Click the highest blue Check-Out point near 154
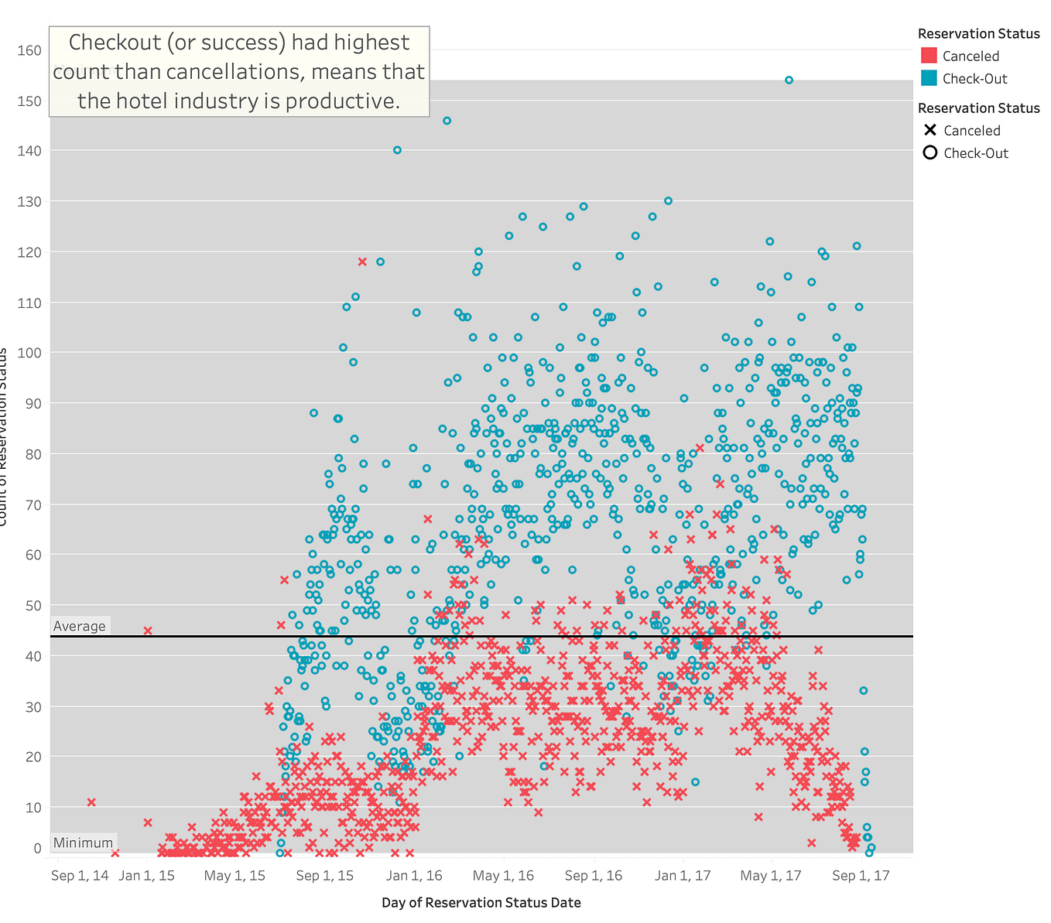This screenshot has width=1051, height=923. [x=789, y=80]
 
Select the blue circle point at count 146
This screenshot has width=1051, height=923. [x=447, y=121]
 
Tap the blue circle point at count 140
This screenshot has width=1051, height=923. [x=397, y=150]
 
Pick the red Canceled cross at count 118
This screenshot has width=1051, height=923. [x=362, y=262]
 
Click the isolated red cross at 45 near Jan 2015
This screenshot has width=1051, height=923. [x=148, y=631]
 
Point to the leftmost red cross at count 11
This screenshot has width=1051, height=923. [x=91, y=802]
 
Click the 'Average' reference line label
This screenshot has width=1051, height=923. [x=79, y=626]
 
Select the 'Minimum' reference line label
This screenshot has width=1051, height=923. [x=83, y=843]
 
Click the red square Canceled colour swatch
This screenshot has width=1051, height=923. [x=929, y=56]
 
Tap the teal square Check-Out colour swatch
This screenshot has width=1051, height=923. [x=929, y=78]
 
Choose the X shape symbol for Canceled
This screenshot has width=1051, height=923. [x=929, y=131]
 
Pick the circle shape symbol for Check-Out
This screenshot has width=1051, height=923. [x=929, y=153]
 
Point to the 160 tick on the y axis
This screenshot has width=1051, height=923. [x=30, y=50]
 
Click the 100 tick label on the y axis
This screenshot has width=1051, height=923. [x=30, y=353]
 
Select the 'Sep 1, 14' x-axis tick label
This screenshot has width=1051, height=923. [x=80, y=875]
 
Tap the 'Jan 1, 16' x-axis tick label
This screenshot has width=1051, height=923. [x=415, y=875]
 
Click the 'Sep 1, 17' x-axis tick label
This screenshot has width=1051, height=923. [x=861, y=875]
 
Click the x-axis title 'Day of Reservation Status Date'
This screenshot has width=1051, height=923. [x=481, y=902]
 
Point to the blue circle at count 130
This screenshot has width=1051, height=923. [x=668, y=200]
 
